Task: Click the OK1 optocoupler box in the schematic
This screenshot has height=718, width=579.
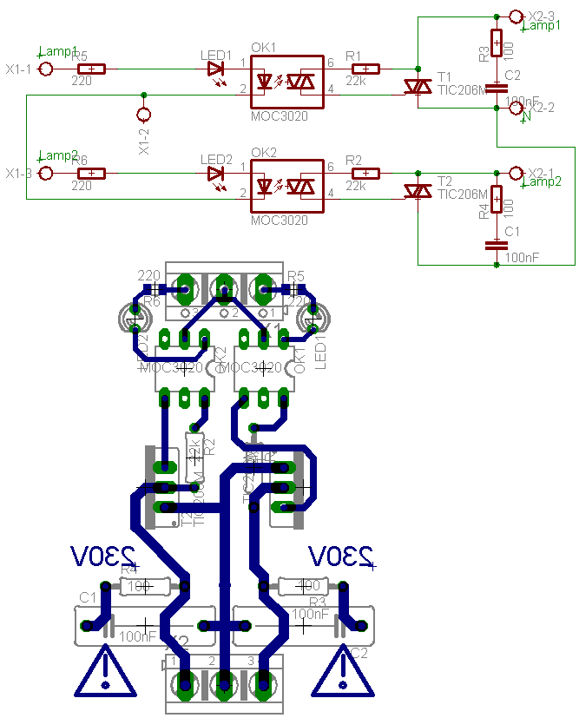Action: [287, 82]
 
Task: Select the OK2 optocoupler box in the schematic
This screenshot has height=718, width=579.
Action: [287, 187]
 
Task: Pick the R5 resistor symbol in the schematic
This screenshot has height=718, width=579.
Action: [91, 69]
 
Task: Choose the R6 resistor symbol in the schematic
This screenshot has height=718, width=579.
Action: [91, 173]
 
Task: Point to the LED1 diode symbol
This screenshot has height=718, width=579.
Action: [216, 69]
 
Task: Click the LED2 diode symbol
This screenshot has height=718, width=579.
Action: [216, 173]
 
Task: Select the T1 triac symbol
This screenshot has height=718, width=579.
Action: [418, 87]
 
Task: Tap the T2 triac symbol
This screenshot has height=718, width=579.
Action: [418, 191]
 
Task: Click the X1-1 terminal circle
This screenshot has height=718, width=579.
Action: [46, 69]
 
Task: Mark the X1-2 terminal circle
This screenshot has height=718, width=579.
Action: [144, 115]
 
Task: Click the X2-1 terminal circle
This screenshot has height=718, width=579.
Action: [515, 173]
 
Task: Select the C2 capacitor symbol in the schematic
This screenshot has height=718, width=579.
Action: [496, 87]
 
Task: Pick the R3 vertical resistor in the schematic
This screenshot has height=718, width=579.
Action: [496, 42]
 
